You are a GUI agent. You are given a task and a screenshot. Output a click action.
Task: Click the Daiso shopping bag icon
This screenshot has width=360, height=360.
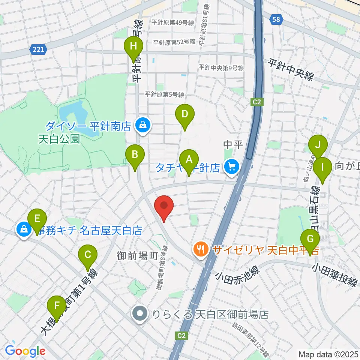pyautogui.click(x=143, y=125)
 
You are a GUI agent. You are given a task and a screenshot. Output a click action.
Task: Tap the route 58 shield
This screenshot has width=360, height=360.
pyautogui.click(x=276, y=20)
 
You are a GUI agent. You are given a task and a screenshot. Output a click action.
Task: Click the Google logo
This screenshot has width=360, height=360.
pyautogui.click(x=25, y=351)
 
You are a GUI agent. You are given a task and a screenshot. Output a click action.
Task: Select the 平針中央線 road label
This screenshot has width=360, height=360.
pyautogui.click(x=290, y=70)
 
